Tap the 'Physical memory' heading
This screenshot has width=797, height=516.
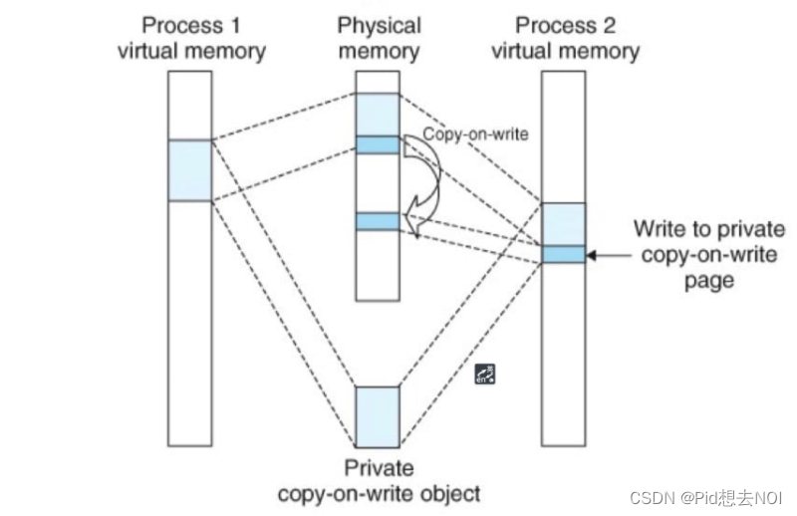pos(379,38)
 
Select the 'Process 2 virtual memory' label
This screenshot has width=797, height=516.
pos(564,38)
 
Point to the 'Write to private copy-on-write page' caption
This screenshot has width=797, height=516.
pos(709,255)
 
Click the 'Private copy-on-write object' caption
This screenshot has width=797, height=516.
pos(379,480)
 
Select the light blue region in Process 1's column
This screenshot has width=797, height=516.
pos(189,170)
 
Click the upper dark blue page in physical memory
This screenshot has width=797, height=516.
pos(378,144)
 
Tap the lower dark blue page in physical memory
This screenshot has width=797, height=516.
pos(378,221)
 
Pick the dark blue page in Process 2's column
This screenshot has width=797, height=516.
pos(564,254)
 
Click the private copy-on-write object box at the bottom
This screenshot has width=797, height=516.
pos(378,415)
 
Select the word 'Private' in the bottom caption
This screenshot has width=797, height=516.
pos(379,468)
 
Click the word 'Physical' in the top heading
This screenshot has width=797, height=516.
pos(379,26)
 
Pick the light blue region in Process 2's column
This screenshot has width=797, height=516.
pos(564,224)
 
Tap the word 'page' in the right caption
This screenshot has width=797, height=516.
pos(709,281)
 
